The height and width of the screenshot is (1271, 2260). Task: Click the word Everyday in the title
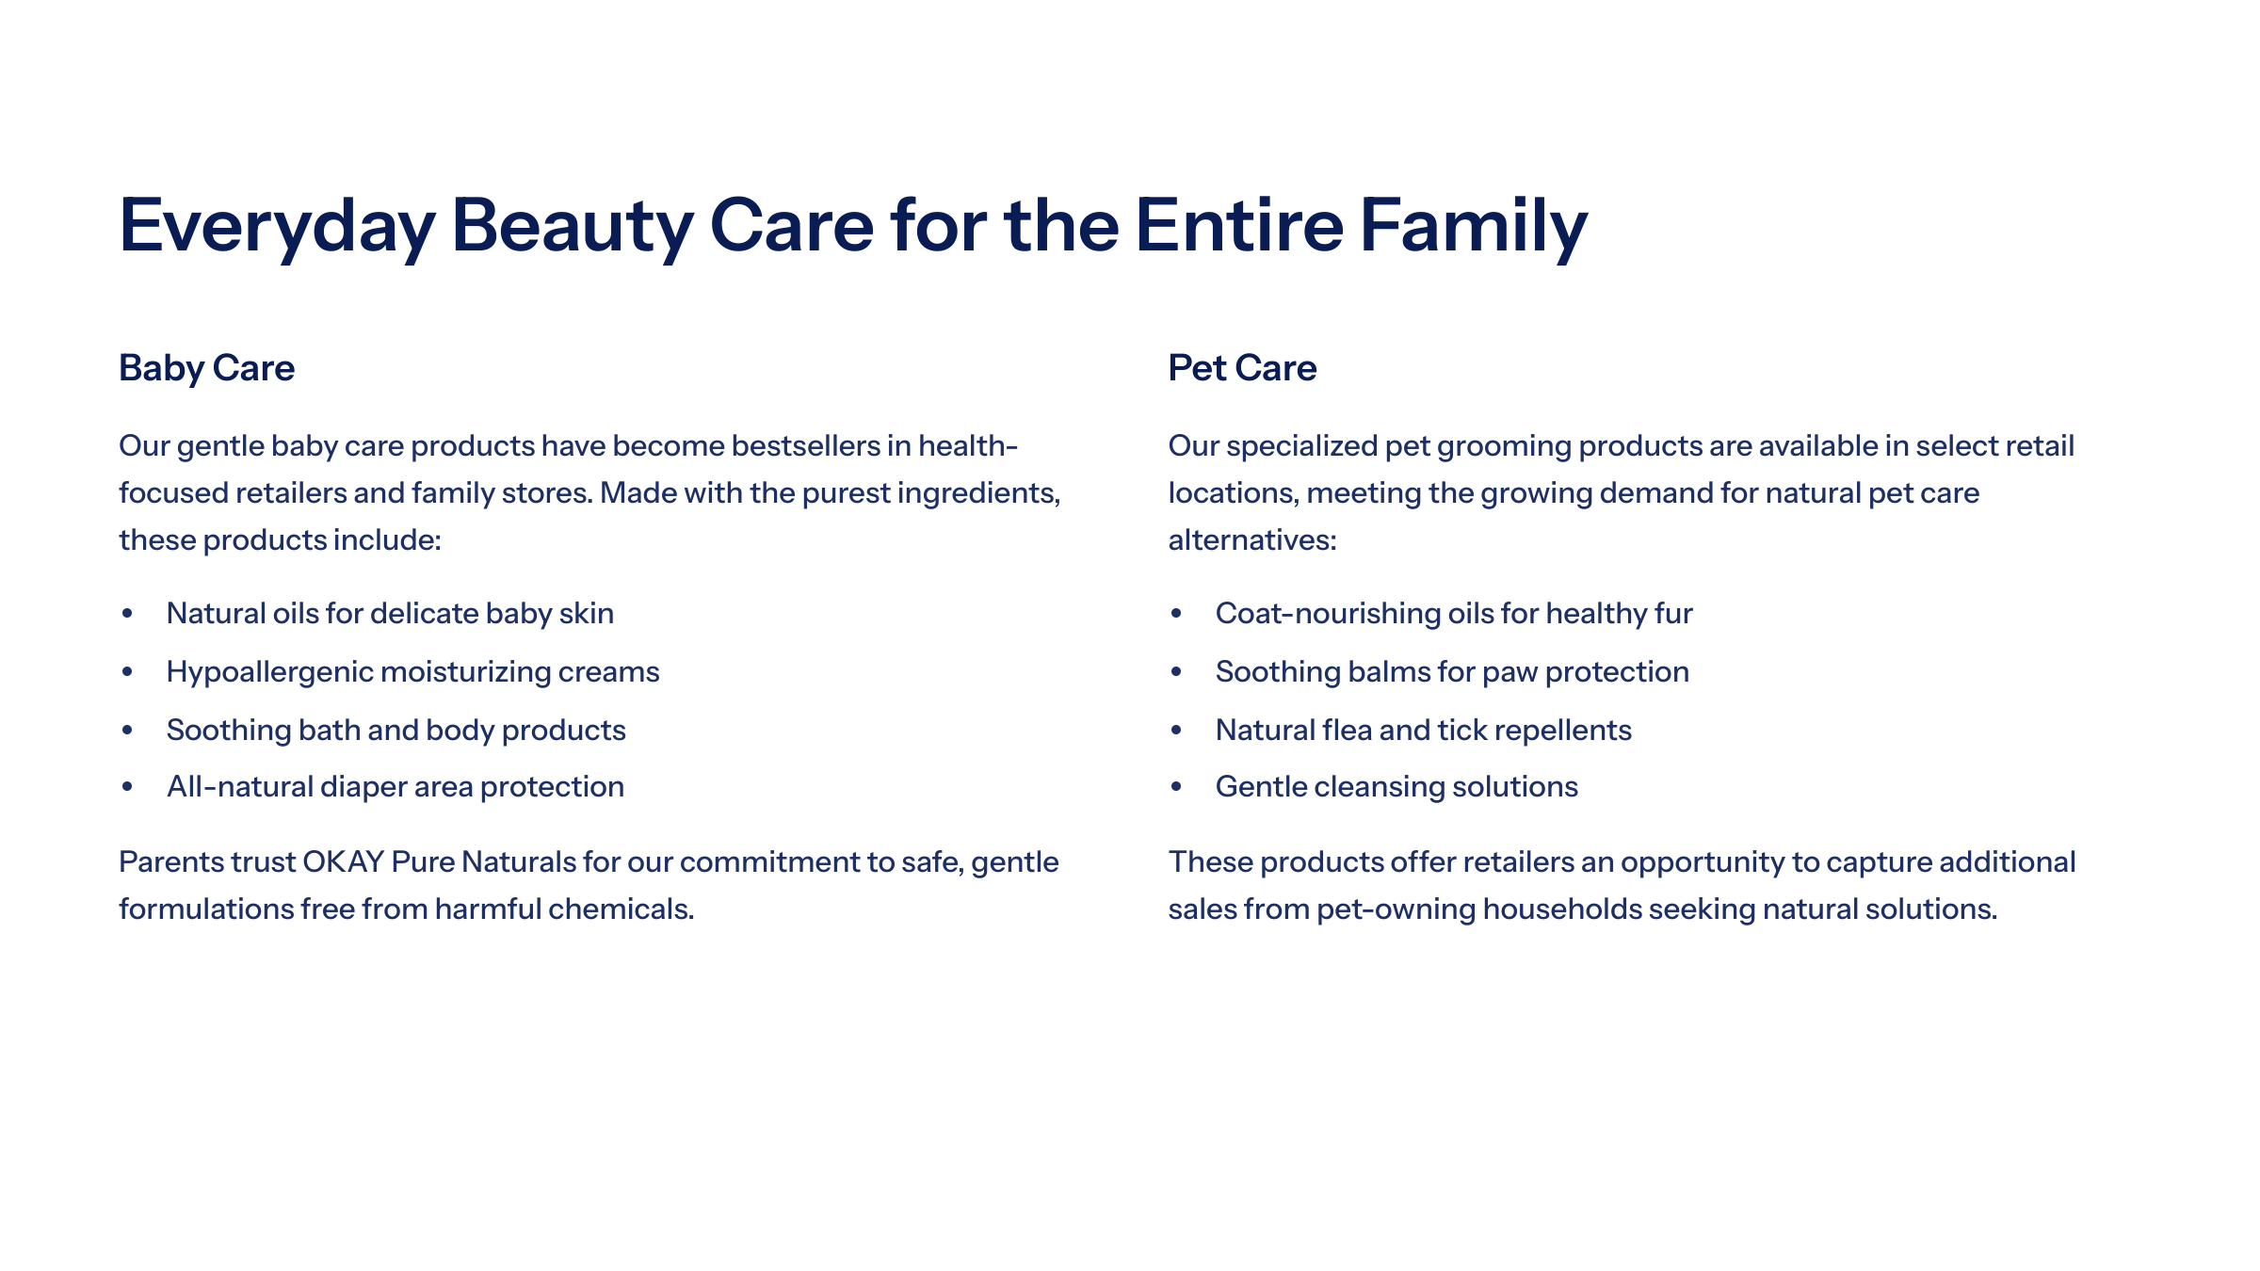click(x=277, y=227)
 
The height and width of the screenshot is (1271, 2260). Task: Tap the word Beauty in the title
click(x=573, y=227)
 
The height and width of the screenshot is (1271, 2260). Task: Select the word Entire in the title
click(x=1239, y=225)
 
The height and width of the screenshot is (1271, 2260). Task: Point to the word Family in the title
click(x=1474, y=227)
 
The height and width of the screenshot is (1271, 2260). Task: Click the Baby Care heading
click(x=206, y=368)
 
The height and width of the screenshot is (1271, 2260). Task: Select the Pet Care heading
click(x=1242, y=368)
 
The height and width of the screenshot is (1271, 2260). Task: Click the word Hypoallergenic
click(x=269, y=672)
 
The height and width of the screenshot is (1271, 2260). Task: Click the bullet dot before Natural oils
click(x=127, y=614)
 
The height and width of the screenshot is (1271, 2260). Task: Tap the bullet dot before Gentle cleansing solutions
click(x=1176, y=787)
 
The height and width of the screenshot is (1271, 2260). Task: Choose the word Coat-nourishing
click(x=1328, y=614)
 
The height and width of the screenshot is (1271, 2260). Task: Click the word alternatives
click(x=1252, y=540)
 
